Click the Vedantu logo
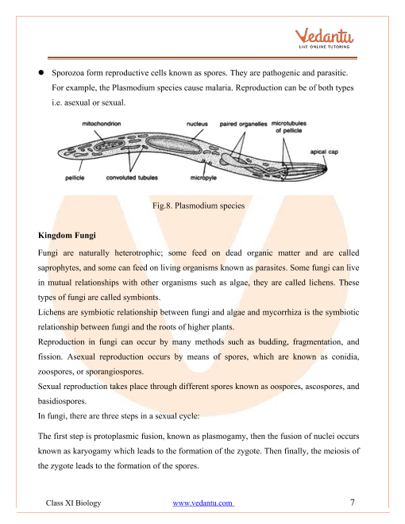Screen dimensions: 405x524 pos(324,38)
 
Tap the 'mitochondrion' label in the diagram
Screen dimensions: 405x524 pos(102,124)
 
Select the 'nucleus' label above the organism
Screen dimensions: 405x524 pos(197,124)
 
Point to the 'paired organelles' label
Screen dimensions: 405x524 pos(243,124)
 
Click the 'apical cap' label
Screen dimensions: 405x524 pos(324,152)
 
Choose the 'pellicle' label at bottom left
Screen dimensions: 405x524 pos(75,178)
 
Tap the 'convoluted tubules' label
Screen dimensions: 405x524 pos(132,178)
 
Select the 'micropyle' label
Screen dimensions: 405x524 pos(203,178)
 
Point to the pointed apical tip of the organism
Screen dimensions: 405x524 pos(326,168)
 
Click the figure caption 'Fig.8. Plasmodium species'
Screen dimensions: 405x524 pos(199,205)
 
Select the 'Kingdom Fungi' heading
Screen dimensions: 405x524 pos(67,235)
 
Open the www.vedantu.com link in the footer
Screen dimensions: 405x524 pos(203,503)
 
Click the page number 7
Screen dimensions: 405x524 pos(353,503)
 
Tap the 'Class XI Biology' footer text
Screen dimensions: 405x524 pos(73,503)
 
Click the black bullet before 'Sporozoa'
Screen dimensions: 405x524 pos(41,72)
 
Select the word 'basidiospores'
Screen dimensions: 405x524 pos(62,401)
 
